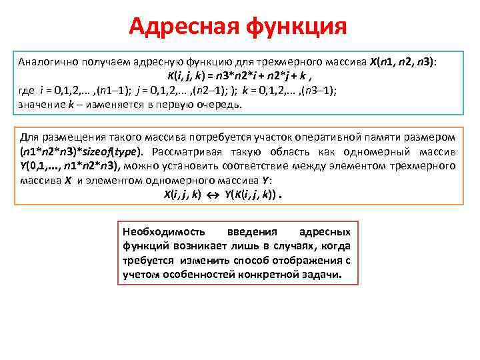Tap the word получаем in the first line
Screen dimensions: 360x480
tap(105, 61)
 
